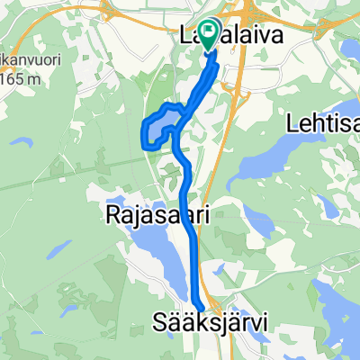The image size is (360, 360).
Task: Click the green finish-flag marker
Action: click(x=208, y=35)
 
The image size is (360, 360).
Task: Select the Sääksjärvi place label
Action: click(x=215, y=319)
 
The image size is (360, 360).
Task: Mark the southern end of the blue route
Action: click(x=198, y=304)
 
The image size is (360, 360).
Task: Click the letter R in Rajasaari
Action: click(x=112, y=216)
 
